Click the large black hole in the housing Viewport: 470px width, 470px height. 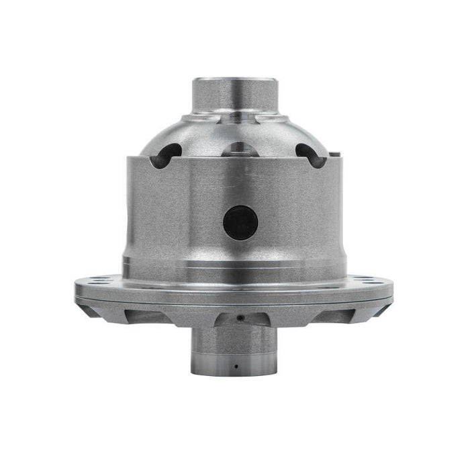[240, 223]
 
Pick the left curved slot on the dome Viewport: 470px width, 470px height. [166, 154]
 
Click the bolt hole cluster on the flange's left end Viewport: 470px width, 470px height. [101, 280]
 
